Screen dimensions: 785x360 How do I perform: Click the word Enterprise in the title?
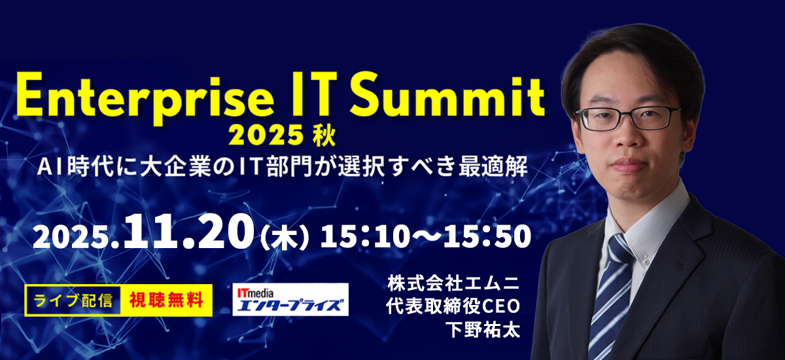click(145, 98)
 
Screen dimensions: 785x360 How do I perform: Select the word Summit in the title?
click(447, 94)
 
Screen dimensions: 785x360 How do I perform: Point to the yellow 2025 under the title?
click(266, 136)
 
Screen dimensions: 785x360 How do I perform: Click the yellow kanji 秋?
click(325, 136)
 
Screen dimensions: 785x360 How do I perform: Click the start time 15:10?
click(365, 236)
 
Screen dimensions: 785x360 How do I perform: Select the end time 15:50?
click(487, 236)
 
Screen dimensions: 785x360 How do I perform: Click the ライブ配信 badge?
click(73, 300)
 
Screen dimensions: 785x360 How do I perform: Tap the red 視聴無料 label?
click(166, 300)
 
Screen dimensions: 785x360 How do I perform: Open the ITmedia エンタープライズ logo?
click(290, 299)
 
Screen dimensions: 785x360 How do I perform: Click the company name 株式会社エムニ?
click(453, 284)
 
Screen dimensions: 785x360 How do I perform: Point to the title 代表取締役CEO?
click(453, 307)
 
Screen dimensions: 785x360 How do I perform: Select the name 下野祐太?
click(483, 329)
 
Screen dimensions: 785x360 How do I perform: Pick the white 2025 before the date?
click(75, 238)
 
